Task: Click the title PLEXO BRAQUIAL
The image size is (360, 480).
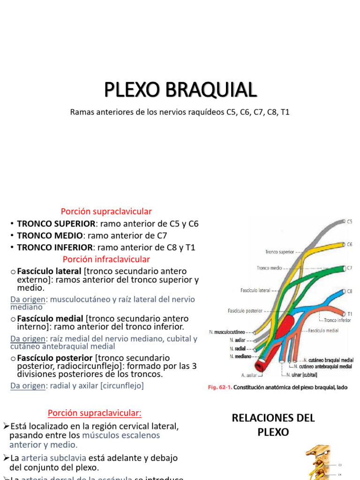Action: [x=180, y=90]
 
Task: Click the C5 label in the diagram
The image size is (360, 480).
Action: [x=349, y=221]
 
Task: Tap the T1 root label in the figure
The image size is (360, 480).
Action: [x=350, y=313]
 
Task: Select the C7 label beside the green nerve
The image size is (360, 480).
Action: [x=349, y=268]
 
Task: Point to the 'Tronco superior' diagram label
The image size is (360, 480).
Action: [x=279, y=252]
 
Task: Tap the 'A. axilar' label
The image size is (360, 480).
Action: [x=249, y=375]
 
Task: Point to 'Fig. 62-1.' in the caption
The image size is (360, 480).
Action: [x=220, y=388]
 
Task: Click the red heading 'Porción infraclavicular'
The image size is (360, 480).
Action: [x=106, y=259]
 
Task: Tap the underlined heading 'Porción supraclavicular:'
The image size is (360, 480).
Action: [x=94, y=413]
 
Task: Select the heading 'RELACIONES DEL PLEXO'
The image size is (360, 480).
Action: [x=273, y=424]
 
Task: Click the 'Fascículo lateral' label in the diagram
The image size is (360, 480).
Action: [x=255, y=291]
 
